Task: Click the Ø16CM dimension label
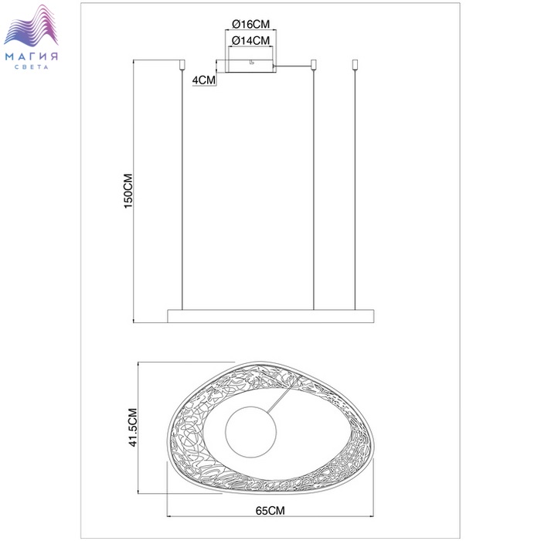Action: (x=251, y=24)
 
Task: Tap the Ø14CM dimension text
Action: (x=251, y=41)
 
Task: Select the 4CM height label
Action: (x=203, y=80)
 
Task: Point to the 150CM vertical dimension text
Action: (x=128, y=191)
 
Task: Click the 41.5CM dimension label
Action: (x=133, y=427)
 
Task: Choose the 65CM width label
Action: (x=270, y=510)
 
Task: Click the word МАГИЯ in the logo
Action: (x=32, y=56)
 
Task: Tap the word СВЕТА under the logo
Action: (x=32, y=67)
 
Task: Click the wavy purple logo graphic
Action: (x=31, y=26)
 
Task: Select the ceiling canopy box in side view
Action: (x=251, y=66)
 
